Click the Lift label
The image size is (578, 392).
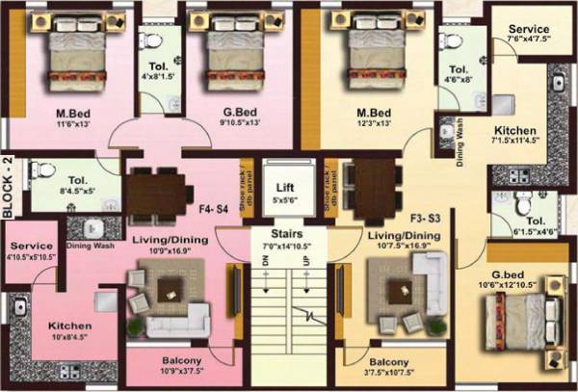point(283,187)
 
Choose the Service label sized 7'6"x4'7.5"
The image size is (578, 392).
point(529,29)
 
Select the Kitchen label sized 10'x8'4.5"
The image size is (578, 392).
point(70,327)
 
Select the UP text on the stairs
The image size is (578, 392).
point(306,261)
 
